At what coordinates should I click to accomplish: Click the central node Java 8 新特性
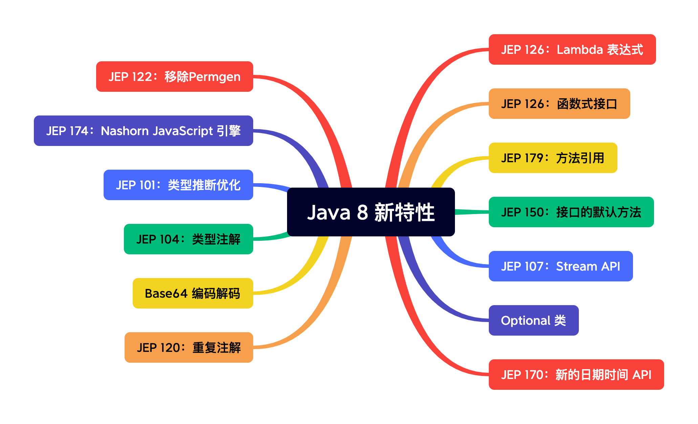click(371, 212)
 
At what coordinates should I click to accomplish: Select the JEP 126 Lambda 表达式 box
click(572, 49)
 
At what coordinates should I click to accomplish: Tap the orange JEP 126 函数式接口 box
click(559, 104)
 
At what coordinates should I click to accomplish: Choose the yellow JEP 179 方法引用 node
click(553, 158)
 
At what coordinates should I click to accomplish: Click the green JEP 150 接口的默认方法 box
click(571, 212)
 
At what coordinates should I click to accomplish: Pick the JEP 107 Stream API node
click(561, 266)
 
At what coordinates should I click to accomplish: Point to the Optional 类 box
click(533, 320)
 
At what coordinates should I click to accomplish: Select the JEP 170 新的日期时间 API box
click(576, 375)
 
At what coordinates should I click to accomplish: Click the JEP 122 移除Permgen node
click(174, 77)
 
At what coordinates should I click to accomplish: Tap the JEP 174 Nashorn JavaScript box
click(143, 131)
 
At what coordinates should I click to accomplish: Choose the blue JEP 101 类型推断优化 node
click(178, 185)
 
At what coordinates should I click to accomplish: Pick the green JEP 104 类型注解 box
click(188, 239)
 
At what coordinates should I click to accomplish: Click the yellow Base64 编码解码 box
click(193, 293)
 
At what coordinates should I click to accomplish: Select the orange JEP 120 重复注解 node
click(189, 347)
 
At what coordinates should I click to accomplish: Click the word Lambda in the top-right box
click(580, 50)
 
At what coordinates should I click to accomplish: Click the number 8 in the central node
click(362, 213)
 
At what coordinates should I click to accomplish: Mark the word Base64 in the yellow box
click(166, 294)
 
